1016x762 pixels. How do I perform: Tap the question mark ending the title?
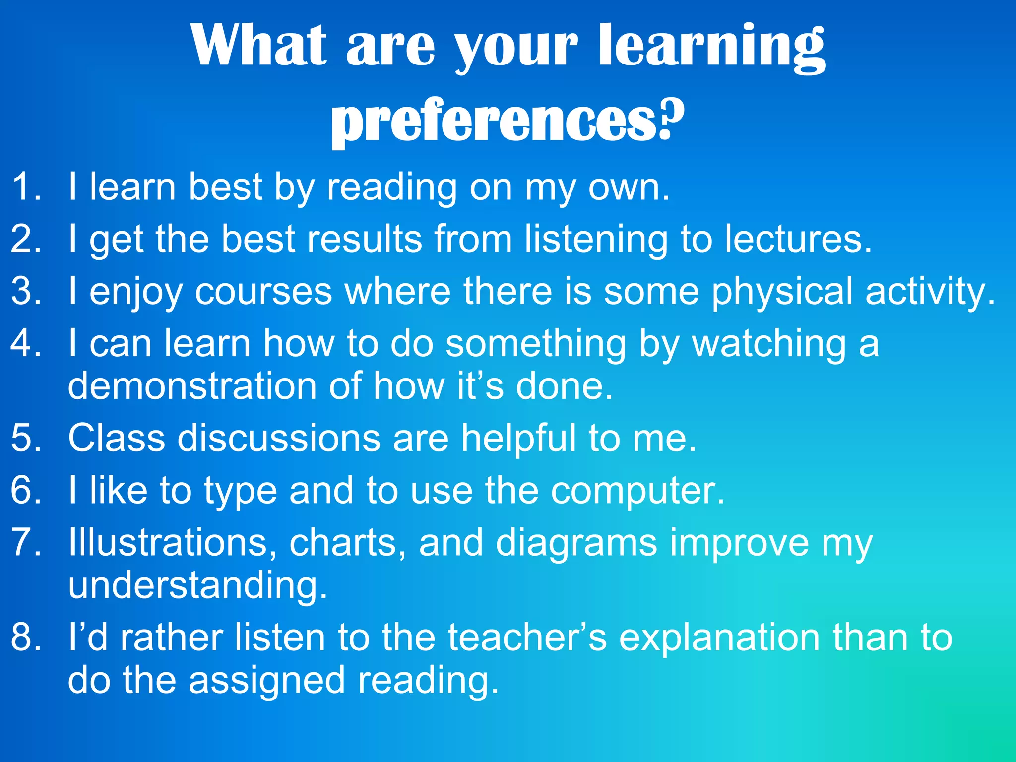point(672,119)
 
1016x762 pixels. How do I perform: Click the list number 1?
point(25,187)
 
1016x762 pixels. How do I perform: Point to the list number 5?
point(25,438)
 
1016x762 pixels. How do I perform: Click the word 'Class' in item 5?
point(117,438)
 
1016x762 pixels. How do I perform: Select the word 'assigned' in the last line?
point(267,681)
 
